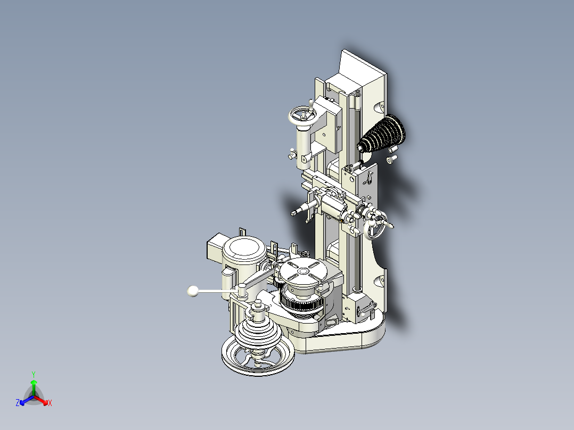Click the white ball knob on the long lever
click(x=193, y=291)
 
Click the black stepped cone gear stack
click(x=383, y=135)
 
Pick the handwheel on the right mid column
click(x=378, y=228)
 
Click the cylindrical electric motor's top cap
click(x=244, y=247)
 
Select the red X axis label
click(x=50, y=403)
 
